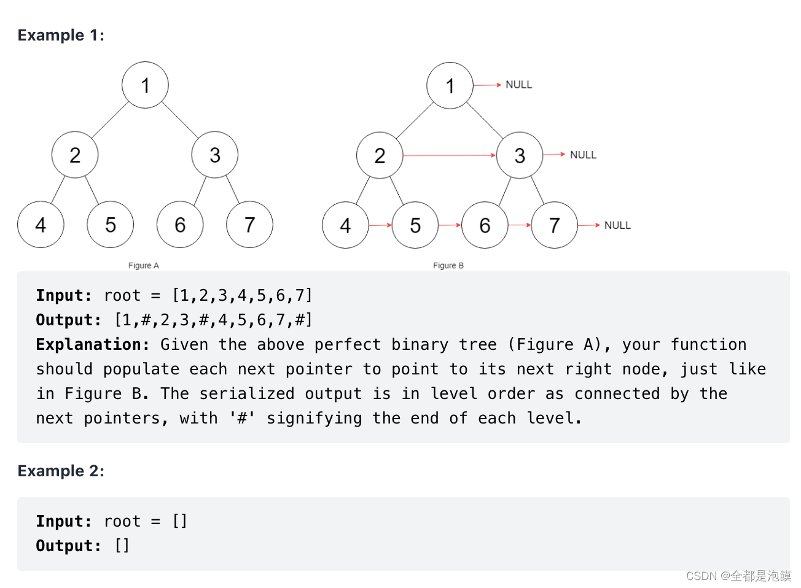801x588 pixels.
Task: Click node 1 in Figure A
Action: [145, 85]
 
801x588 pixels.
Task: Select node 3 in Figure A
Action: [215, 155]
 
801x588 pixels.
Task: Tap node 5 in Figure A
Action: [111, 225]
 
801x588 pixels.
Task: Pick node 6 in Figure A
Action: [180, 225]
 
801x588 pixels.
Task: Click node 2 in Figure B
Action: [380, 155]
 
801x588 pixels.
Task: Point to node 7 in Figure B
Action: [554, 225]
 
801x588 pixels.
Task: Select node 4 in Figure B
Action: [345, 225]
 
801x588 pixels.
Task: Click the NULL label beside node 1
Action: [518, 85]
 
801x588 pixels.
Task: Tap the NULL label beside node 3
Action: [583, 155]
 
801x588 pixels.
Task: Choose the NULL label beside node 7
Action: [617, 225]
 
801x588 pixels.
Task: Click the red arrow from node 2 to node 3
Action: [449, 155]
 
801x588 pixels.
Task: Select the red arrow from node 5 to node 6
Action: [450, 225]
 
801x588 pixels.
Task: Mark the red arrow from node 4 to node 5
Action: [380, 225]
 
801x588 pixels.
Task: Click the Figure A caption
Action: [144, 266]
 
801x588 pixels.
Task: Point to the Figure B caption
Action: [448, 266]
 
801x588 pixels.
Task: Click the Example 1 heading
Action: [61, 35]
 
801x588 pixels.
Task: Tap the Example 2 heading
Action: [61, 471]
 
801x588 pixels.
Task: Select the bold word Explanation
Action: [93, 344]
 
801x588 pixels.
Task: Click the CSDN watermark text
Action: [738, 576]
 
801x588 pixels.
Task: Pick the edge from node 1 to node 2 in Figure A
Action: [110, 120]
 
